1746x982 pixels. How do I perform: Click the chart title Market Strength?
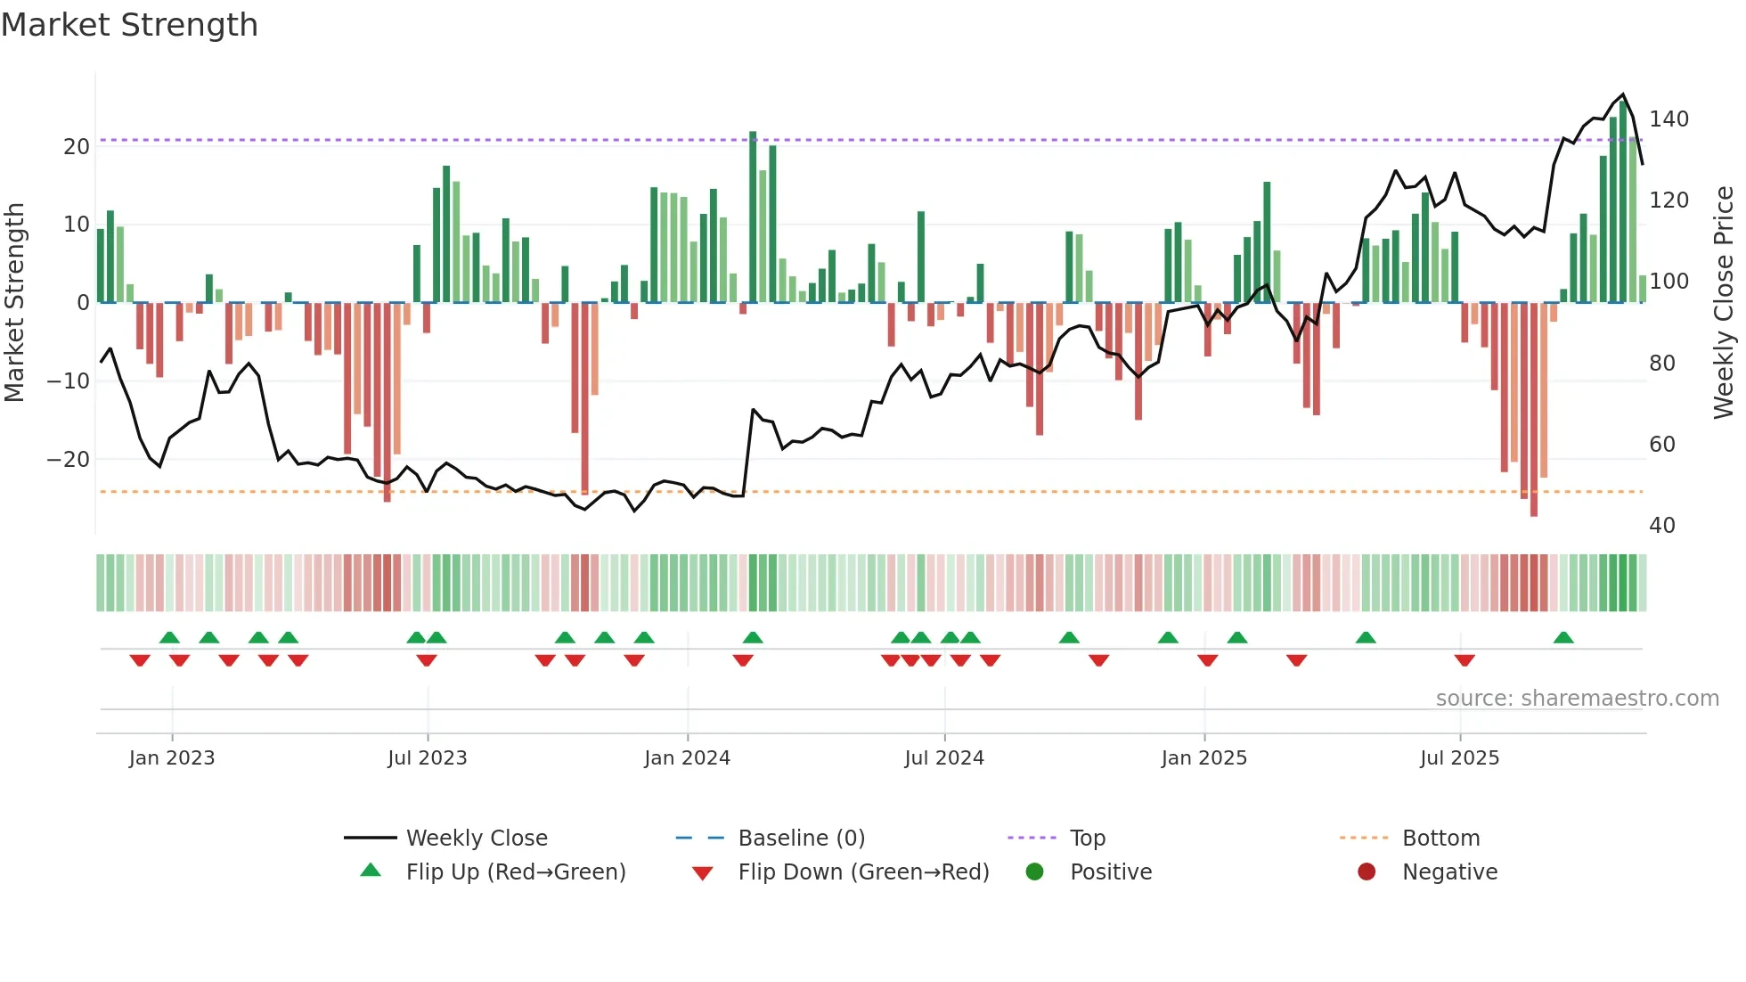click(x=129, y=25)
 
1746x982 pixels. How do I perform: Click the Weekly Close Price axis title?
click(x=1724, y=303)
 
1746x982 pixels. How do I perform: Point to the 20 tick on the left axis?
click(x=77, y=146)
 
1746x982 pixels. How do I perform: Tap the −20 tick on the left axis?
click(x=69, y=460)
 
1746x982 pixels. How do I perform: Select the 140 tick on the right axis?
click(x=1668, y=119)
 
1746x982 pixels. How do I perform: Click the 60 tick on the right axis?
click(x=1662, y=445)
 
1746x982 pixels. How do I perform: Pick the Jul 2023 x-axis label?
click(x=428, y=758)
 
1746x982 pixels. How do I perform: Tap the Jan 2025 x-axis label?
click(x=1204, y=758)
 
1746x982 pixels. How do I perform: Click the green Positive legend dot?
click(x=1034, y=872)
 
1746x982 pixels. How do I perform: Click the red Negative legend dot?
click(x=1367, y=872)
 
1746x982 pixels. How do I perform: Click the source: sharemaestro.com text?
click(x=1577, y=699)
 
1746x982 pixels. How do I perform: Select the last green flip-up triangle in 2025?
click(x=1563, y=637)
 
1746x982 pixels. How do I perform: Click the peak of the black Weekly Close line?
click(x=1623, y=94)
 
